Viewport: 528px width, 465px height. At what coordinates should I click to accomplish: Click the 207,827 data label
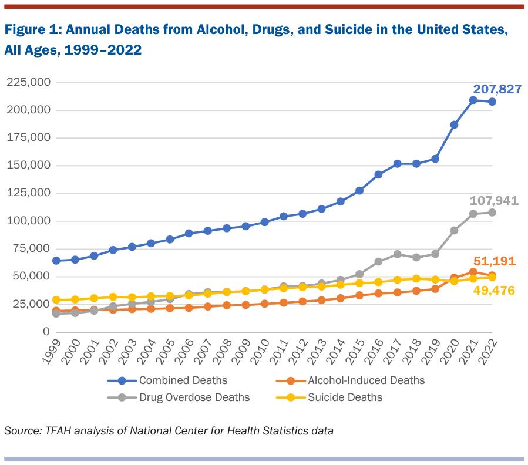coord(497,90)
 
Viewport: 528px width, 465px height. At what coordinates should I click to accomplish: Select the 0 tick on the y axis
coord(45,332)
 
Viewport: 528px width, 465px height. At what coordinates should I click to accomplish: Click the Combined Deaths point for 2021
coord(473,100)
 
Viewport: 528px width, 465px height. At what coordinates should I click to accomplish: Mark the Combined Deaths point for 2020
coord(454,124)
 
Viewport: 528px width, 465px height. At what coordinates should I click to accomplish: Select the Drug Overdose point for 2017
coord(397,254)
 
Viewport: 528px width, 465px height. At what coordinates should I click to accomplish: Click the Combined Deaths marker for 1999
coord(56,261)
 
